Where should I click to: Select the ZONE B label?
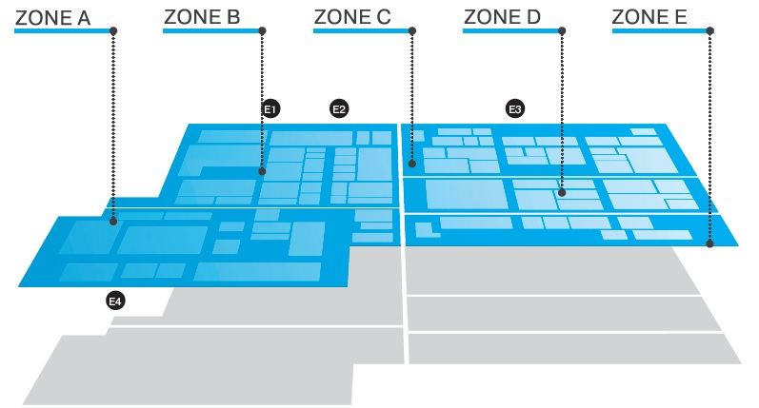(x=202, y=16)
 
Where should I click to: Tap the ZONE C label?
(x=351, y=16)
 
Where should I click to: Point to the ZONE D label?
(x=501, y=16)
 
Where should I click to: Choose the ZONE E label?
(x=651, y=16)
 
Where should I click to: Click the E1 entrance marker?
(x=270, y=109)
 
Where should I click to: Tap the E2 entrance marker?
(x=338, y=109)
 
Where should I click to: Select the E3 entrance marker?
(x=515, y=109)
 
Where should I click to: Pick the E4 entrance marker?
(x=114, y=301)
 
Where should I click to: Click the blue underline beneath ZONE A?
(x=63, y=31)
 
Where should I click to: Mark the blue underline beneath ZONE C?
(x=361, y=31)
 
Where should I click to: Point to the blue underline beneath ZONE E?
(x=660, y=31)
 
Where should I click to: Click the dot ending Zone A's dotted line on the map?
(x=113, y=222)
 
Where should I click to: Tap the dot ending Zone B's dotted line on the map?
(x=262, y=172)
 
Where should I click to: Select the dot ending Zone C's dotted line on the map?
(x=411, y=165)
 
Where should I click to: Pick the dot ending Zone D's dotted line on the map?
(x=562, y=193)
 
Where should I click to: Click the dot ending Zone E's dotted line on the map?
(x=710, y=244)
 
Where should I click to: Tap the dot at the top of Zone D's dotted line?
(x=562, y=31)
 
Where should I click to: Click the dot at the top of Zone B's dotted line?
(x=262, y=31)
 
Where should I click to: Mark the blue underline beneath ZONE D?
(x=510, y=31)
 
